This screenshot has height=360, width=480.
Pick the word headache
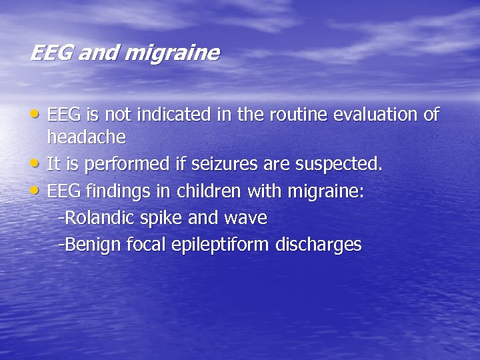(86, 137)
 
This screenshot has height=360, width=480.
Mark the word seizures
(222, 164)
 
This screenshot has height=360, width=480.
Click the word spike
(170, 219)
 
